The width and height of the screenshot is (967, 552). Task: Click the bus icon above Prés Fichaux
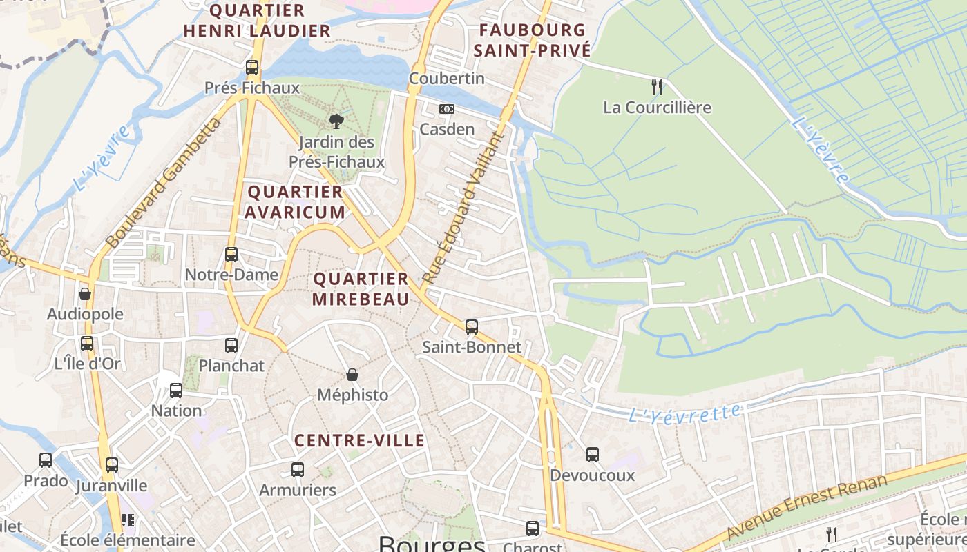[252, 68]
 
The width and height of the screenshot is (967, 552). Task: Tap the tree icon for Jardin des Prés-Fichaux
[336, 121]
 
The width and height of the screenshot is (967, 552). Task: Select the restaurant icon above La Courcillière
[657, 87]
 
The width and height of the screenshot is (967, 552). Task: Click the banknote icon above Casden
[447, 109]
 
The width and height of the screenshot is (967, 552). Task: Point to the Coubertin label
[447, 79]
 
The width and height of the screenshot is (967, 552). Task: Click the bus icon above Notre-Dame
[231, 254]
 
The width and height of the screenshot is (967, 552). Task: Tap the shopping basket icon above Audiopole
[85, 294]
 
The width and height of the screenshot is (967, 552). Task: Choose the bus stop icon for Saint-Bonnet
[472, 326]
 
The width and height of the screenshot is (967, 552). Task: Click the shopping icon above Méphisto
[352, 375]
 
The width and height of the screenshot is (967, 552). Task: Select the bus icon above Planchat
[231, 345]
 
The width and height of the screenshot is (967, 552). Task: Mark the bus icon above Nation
[176, 391]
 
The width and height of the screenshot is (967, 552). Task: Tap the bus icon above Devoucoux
[593, 454]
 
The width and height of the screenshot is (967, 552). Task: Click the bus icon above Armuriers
[298, 470]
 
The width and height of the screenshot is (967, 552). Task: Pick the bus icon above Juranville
[112, 465]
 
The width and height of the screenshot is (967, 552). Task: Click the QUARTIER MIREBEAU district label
[361, 288]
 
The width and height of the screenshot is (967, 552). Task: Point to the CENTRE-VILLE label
[359, 440]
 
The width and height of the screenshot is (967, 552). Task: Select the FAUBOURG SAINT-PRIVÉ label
[533, 40]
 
